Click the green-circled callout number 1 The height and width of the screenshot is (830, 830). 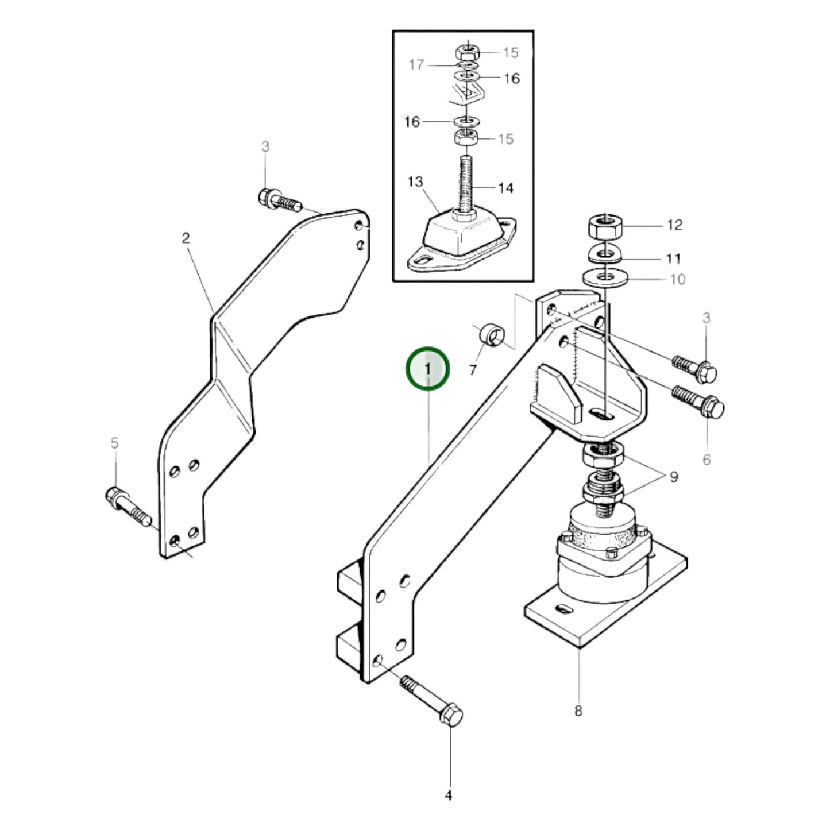coord(427,368)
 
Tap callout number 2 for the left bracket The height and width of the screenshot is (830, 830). coord(186,238)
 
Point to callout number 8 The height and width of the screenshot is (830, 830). coord(578,711)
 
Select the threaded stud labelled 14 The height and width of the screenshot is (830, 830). coord(466,187)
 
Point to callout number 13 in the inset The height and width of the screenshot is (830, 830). coord(415,182)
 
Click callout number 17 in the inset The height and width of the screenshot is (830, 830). coord(416,64)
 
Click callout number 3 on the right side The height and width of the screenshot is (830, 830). coord(706,318)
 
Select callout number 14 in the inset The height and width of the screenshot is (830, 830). coord(505,188)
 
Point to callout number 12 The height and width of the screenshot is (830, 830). coord(674,225)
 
